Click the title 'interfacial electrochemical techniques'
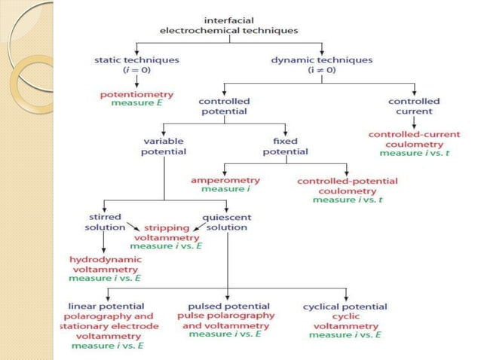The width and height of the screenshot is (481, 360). pos(229,25)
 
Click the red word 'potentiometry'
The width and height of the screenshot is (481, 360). pos(136,94)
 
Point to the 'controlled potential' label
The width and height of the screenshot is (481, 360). pos(224,106)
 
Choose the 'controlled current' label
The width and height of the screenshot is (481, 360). pos(414,106)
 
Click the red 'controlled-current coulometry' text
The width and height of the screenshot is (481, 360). pos(414,139)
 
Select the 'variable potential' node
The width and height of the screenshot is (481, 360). pos(164,146)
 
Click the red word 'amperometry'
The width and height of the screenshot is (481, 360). pos(225,181)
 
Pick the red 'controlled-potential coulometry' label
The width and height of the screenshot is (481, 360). pos(348,186)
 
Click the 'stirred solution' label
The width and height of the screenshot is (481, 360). pos(105,222)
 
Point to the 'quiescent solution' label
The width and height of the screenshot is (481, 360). pos(226,222)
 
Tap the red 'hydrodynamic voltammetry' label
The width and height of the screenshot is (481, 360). pos(105,264)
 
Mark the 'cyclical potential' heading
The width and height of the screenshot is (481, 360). pos(345,307)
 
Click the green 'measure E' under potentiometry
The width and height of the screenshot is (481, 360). pos(136,103)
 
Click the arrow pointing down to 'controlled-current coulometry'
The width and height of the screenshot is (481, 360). pos(414,122)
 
